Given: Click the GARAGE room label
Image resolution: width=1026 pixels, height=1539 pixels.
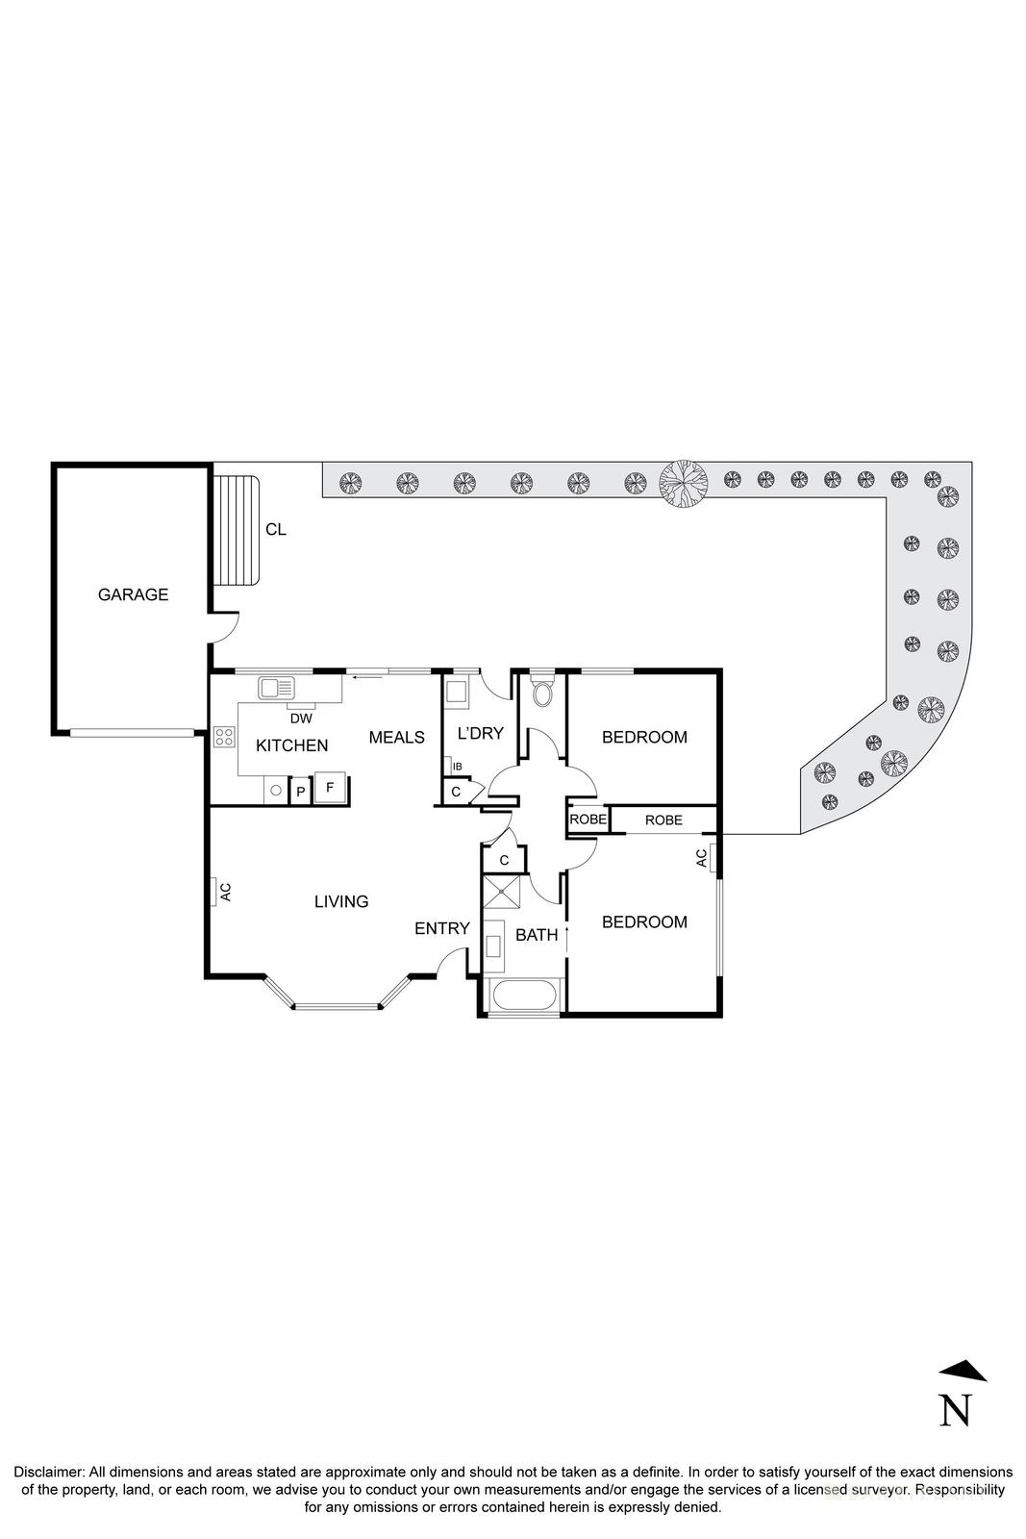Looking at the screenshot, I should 133,594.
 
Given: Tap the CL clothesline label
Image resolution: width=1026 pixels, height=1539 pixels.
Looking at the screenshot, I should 276,529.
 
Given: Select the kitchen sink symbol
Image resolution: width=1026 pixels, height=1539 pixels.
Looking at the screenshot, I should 276,688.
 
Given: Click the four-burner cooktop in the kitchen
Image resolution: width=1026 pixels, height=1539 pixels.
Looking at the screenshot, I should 224,738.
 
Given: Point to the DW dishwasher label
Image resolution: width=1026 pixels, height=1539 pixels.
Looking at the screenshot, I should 301,718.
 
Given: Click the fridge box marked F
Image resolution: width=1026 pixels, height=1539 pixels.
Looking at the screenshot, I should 330,788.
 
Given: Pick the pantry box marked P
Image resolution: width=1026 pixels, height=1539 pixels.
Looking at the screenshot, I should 300,792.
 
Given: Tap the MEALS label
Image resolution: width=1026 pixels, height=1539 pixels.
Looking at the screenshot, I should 396,737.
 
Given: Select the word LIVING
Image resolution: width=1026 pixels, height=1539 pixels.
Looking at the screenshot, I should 341,901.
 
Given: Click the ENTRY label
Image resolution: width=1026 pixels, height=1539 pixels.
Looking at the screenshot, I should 441,928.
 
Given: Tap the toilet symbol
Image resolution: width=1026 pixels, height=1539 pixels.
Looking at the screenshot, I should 542,693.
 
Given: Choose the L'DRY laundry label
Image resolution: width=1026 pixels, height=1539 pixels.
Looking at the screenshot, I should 480,733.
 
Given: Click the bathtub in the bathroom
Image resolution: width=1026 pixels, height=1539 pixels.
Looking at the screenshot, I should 522,997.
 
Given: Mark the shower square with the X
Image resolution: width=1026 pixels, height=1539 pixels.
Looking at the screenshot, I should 503,893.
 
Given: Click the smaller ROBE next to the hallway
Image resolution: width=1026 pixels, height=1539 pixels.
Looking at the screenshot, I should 588,820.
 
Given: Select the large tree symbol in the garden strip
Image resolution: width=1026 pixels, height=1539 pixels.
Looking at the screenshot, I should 683,479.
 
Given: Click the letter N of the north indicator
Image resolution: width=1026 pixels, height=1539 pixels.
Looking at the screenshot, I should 954,1410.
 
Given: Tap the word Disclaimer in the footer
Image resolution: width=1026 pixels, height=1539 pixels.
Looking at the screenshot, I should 48,1472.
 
